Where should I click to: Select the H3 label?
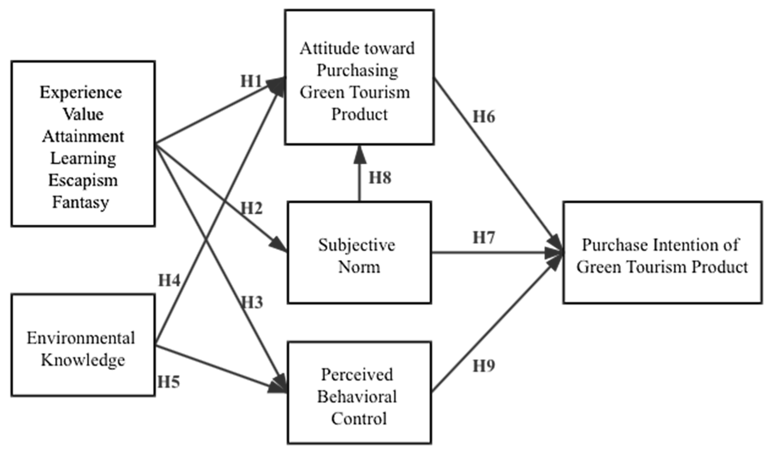(x=252, y=303)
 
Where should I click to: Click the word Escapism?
(x=83, y=180)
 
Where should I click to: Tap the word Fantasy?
(x=81, y=202)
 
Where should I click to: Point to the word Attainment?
(x=83, y=136)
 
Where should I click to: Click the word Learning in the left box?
(x=83, y=158)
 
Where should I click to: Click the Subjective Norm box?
(x=359, y=253)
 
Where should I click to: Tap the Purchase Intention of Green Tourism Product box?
(x=662, y=253)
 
